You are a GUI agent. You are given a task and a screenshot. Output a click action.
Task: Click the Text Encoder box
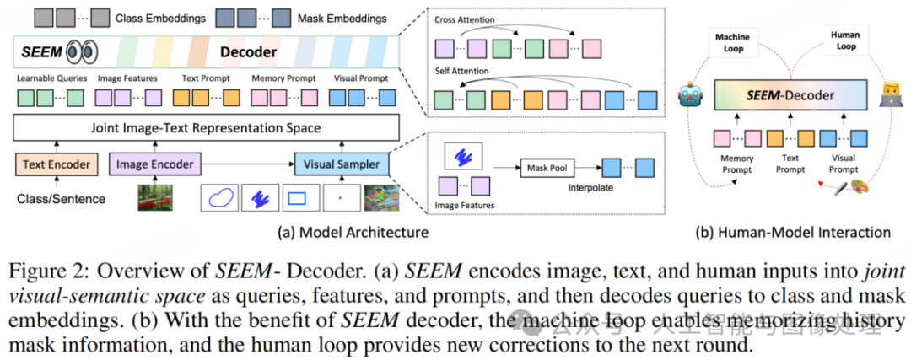(56, 164)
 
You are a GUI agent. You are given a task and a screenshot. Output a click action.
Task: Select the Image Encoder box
(154, 164)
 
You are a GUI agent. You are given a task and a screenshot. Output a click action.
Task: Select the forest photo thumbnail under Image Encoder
(154, 197)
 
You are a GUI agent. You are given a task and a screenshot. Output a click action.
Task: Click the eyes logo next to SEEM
(81, 52)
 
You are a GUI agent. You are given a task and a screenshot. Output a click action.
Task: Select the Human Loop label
(846, 41)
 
